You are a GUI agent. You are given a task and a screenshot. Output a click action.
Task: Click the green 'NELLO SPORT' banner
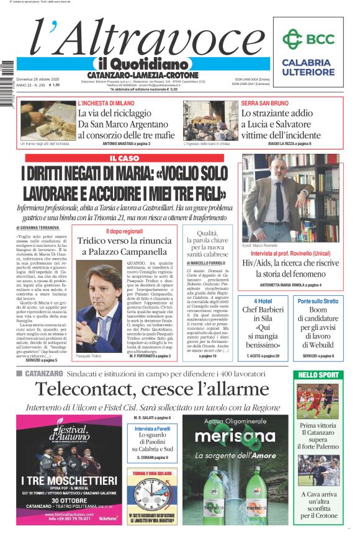point(318,375)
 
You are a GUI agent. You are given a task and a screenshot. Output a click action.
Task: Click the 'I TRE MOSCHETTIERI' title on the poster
point(68,481)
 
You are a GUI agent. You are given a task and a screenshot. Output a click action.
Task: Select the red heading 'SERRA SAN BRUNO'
point(264,103)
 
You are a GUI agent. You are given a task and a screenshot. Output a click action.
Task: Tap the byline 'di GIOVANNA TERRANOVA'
point(43,228)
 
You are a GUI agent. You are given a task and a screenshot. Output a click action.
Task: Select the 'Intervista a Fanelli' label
point(153,429)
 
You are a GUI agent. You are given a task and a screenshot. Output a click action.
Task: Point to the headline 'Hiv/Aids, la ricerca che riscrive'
point(290,263)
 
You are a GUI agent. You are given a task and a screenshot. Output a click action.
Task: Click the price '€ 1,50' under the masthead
point(52,85)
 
